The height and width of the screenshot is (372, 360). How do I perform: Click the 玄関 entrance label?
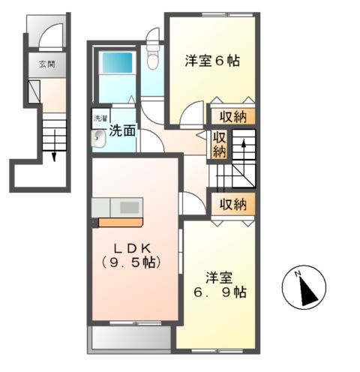(x=46, y=64)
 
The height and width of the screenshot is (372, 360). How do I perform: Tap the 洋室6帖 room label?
(x=212, y=62)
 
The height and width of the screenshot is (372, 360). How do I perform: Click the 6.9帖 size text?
(x=220, y=291)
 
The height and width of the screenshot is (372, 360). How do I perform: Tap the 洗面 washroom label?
(x=122, y=130)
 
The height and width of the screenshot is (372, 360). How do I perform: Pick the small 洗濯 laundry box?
(x=100, y=118)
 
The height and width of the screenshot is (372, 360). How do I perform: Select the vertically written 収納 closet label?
(x=219, y=143)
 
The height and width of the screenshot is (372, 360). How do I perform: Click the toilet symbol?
(x=153, y=55)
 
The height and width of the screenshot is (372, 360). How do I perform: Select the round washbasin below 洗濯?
(x=98, y=138)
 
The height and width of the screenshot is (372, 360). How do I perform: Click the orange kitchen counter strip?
(x=120, y=222)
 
